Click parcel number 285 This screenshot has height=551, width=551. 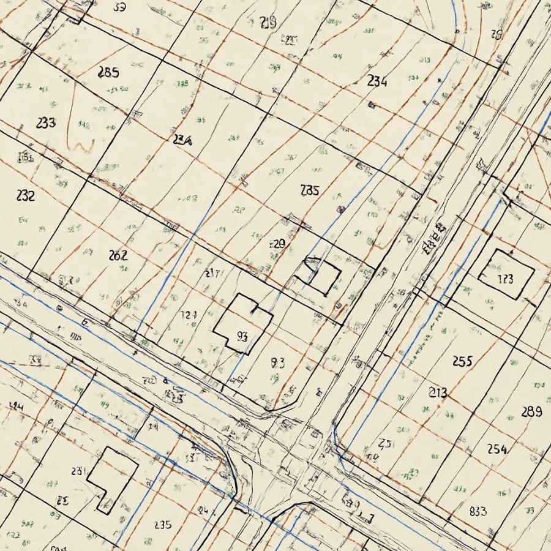tap(108, 72)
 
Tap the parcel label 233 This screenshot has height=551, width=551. tap(46, 122)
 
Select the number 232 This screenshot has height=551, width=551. tap(26, 196)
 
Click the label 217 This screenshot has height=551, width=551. tap(212, 274)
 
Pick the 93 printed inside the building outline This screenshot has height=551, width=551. tap(241, 335)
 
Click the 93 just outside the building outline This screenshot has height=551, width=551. tap(277, 362)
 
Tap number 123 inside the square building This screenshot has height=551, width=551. tap(505, 280)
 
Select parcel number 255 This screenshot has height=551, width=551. tap(462, 361)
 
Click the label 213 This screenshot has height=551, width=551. tap(438, 392)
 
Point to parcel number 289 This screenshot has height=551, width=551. tap(531, 411)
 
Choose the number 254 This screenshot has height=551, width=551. tap(497, 449)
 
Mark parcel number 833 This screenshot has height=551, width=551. tap(478, 511)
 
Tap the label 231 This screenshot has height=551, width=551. tap(78, 471)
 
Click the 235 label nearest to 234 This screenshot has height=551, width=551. tap(310, 190)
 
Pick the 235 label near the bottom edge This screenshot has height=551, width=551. tap(163, 525)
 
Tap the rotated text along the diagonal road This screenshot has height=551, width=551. tap(433, 241)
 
